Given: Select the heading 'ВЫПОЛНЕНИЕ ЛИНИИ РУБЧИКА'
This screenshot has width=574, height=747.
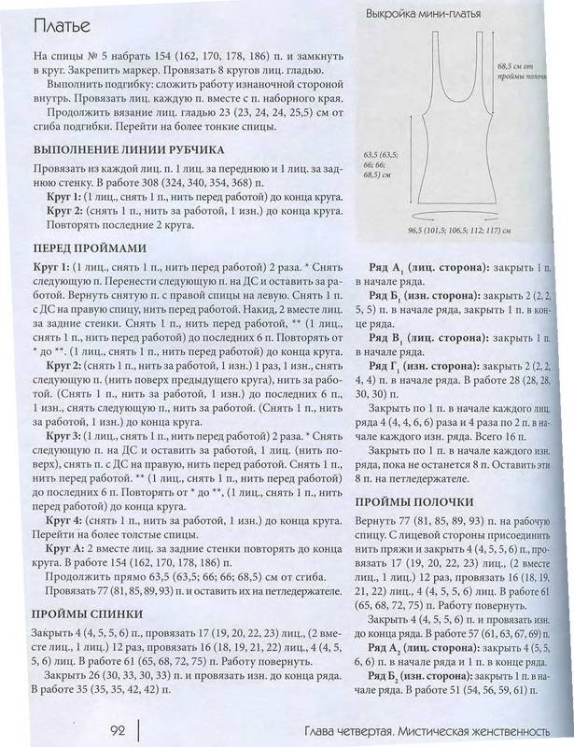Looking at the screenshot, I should [x=129, y=149].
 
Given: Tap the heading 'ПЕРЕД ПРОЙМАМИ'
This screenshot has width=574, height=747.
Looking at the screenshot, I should [x=87, y=248].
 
